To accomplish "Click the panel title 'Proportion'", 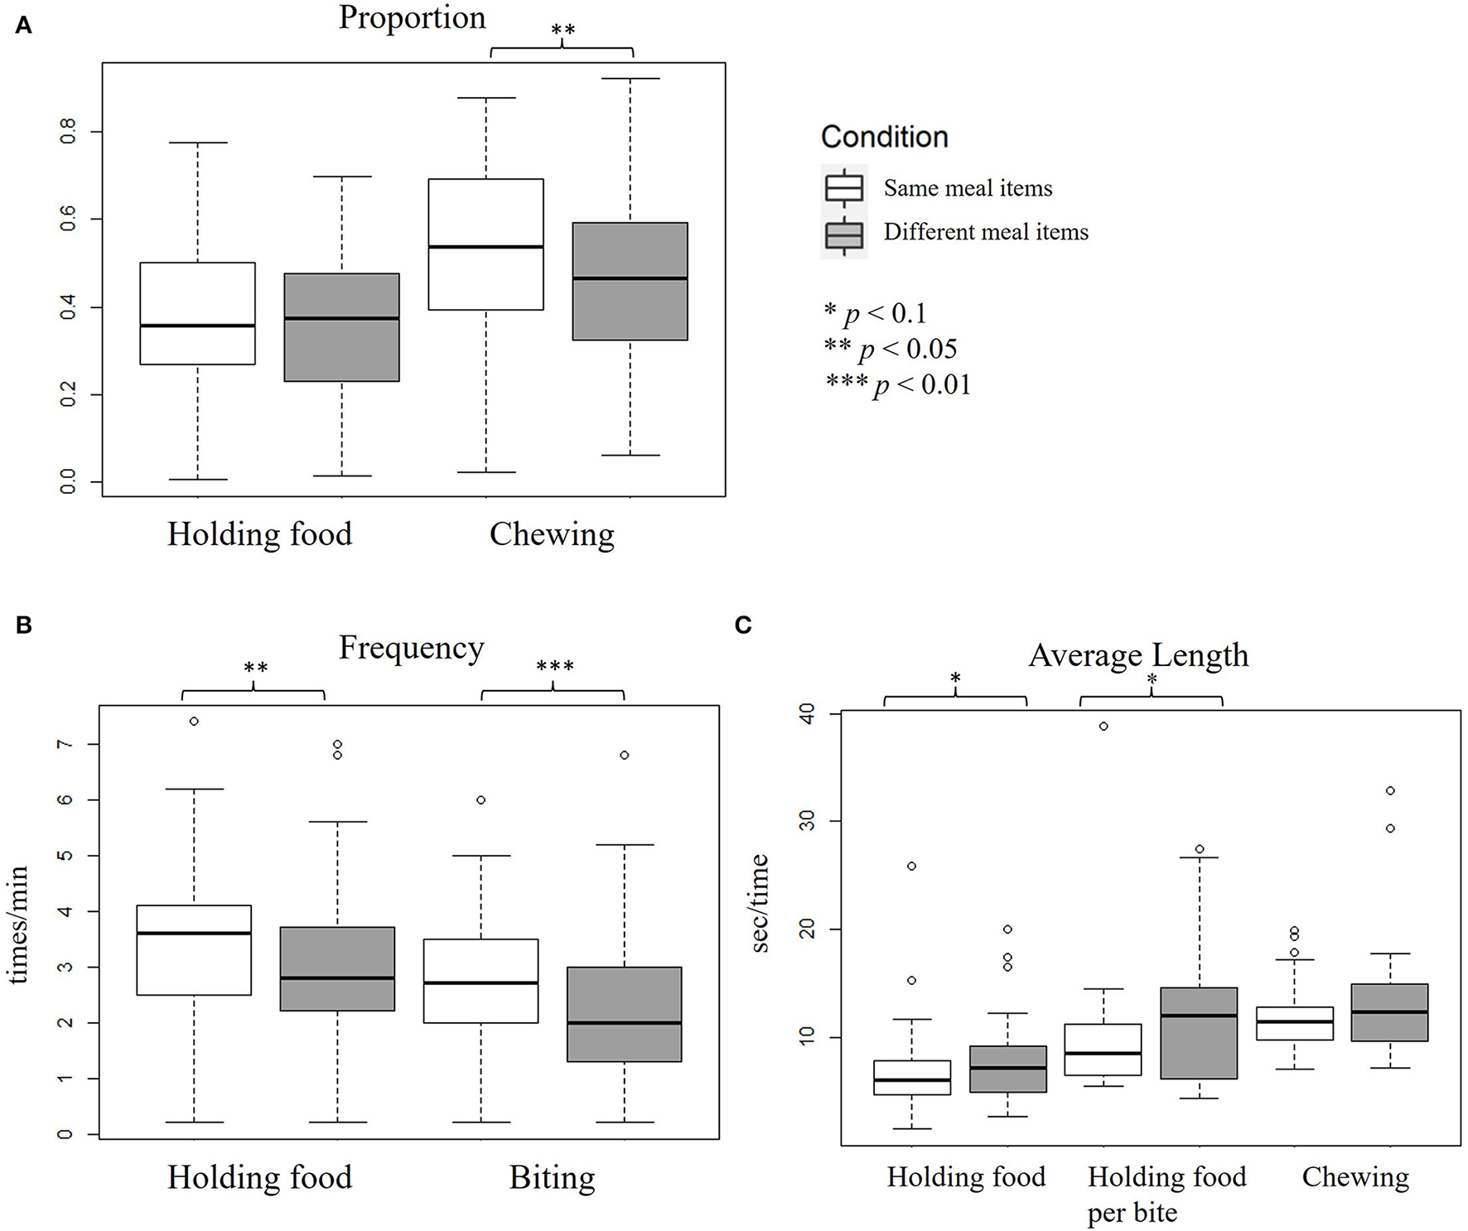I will click(x=412, y=18).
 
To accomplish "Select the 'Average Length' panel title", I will click(x=1137, y=655).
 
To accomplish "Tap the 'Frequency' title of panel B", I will click(x=411, y=648).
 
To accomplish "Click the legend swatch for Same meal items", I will click(x=844, y=188).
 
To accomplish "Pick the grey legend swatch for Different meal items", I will click(x=844, y=234).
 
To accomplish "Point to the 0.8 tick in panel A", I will click(x=69, y=131).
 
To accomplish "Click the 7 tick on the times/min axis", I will click(x=65, y=744).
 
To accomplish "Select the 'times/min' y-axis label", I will click(x=20, y=924).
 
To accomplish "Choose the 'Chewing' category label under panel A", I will click(x=552, y=534).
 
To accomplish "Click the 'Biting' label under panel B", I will click(x=552, y=1177).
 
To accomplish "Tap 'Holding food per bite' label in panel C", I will click(x=1166, y=1194).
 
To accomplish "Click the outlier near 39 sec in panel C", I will click(x=1103, y=727).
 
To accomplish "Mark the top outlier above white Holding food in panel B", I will click(x=194, y=722).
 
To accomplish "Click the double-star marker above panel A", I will click(x=563, y=31).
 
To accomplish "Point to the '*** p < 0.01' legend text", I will click(x=898, y=384).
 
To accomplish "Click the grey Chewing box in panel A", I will click(x=630, y=282).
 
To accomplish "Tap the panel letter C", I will click(x=743, y=625).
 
